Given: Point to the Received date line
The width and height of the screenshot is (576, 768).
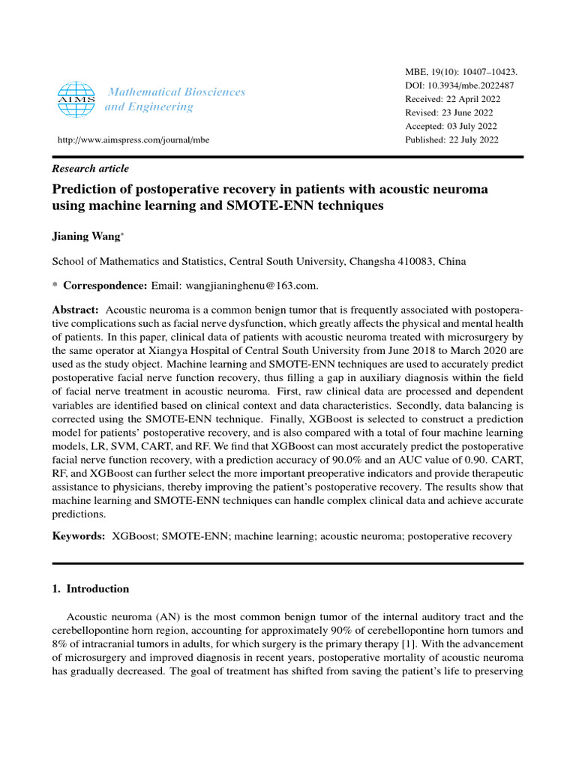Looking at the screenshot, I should point(452,99).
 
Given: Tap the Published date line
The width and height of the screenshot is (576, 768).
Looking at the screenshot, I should point(451,139).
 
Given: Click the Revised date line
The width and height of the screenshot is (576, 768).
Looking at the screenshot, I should point(450,112).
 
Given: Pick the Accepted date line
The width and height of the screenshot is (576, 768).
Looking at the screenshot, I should point(451,126).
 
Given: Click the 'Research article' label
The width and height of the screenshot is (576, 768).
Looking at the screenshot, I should point(90,169).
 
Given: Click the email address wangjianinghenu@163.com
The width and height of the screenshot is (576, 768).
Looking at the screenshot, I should point(246,285).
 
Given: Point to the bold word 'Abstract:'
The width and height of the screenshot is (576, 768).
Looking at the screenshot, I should point(75,310).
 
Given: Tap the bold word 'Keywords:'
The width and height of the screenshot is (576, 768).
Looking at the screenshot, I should point(78,536).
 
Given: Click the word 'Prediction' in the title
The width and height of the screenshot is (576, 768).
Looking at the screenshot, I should point(83,189).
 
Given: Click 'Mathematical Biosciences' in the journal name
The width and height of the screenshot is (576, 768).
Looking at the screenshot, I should point(177,91).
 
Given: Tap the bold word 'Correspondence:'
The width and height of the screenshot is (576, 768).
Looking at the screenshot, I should point(106,285).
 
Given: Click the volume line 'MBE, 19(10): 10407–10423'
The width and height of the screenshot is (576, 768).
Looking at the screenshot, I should point(460,72).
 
